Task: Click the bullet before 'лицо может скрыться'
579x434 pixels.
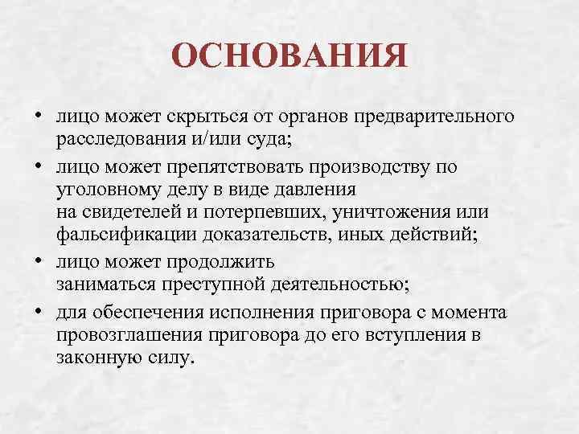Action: pos(39,118)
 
